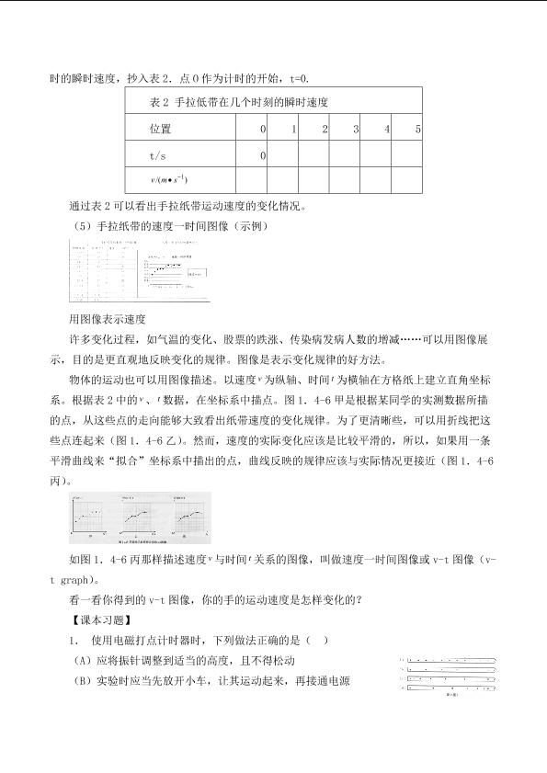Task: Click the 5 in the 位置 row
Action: click(417, 129)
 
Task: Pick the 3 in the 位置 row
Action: click(355, 129)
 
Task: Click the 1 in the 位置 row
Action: click(293, 129)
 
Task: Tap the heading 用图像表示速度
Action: click(108, 319)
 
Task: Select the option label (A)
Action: click(84, 661)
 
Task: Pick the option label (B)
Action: click(84, 681)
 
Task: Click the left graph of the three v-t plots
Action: click(93, 517)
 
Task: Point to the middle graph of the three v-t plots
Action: click(141, 517)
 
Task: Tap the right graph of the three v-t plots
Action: click(187, 517)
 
